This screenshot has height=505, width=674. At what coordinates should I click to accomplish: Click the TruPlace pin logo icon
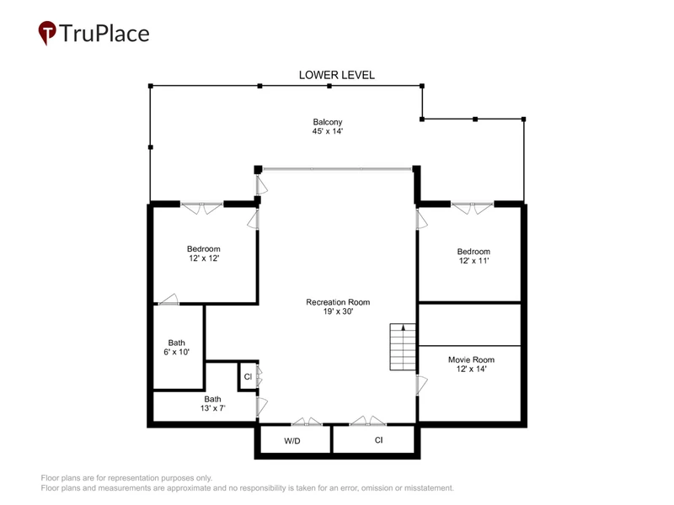(x=47, y=33)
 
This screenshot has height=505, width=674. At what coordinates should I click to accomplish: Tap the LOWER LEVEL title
(x=336, y=75)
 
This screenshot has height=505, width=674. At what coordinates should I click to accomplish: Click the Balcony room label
(x=328, y=122)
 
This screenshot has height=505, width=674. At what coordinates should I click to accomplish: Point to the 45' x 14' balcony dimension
(x=328, y=131)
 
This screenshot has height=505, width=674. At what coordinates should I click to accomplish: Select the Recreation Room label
(x=338, y=302)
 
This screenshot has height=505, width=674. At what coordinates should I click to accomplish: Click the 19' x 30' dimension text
(x=338, y=311)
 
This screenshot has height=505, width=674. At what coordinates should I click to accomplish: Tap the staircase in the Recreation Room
(x=403, y=347)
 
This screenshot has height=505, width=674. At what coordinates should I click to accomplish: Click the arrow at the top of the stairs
(x=404, y=327)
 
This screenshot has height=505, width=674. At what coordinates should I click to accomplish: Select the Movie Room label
(x=471, y=360)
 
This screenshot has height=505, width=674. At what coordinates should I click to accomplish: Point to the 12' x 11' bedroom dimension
(x=473, y=261)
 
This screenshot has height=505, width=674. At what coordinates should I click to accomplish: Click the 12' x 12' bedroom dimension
(x=204, y=258)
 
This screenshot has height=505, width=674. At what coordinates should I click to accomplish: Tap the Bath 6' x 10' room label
(x=176, y=348)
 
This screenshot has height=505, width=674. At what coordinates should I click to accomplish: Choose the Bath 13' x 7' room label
(x=212, y=404)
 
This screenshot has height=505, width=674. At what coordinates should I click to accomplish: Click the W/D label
(x=292, y=441)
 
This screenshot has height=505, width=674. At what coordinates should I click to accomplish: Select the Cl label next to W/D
(x=378, y=440)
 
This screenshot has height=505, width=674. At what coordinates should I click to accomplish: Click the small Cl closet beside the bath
(x=248, y=376)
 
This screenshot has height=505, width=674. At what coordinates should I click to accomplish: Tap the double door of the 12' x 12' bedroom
(x=201, y=208)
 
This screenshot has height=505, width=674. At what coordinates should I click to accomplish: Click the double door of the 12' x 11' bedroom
(x=472, y=208)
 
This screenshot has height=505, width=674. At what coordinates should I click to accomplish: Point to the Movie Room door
(x=421, y=385)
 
